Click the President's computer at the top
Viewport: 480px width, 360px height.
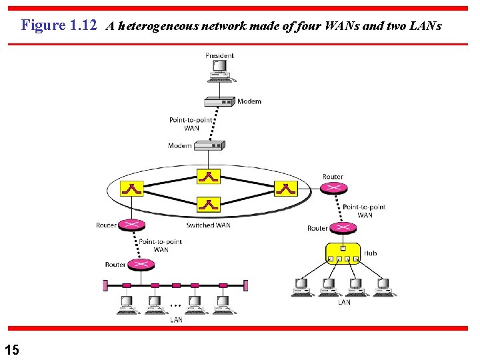(x=220, y=71)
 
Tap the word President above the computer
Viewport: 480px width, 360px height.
(x=220, y=55)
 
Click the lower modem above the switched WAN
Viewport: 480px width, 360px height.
(x=210, y=145)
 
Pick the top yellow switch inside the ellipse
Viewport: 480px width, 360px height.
(x=209, y=176)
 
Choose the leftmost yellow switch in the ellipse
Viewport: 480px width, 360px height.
(x=132, y=189)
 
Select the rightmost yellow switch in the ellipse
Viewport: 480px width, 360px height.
(x=285, y=189)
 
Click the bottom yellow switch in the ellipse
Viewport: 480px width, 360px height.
(x=209, y=205)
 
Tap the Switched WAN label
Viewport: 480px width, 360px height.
(x=208, y=225)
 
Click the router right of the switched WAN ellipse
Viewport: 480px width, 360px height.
(x=333, y=188)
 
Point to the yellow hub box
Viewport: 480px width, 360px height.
(x=343, y=253)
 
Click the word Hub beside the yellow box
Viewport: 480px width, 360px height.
(x=370, y=253)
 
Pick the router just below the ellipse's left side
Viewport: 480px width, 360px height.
(x=132, y=225)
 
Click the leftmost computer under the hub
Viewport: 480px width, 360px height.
(x=302, y=287)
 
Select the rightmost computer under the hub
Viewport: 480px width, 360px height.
(x=383, y=287)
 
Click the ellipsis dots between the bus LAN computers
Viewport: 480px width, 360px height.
(x=175, y=305)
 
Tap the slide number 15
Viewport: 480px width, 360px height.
(x=11, y=349)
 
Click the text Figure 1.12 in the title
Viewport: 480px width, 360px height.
(x=59, y=25)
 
